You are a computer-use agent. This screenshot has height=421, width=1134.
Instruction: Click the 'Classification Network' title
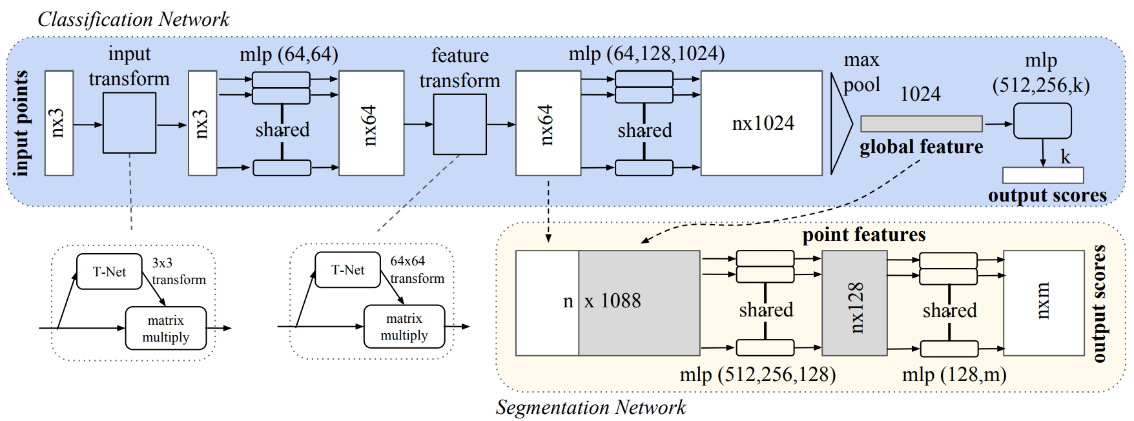click(133, 19)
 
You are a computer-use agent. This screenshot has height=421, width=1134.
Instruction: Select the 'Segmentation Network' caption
click(590, 407)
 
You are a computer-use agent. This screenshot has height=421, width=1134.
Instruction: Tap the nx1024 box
click(761, 123)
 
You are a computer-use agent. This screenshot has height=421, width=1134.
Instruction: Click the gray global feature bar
click(921, 123)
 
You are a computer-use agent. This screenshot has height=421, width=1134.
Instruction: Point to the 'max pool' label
click(861, 72)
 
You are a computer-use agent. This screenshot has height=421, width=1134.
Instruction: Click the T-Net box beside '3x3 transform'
click(109, 271)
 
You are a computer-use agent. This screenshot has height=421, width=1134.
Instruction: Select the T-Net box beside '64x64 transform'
click(347, 270)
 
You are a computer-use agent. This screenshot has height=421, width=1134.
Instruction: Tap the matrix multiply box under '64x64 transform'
click(404, 327)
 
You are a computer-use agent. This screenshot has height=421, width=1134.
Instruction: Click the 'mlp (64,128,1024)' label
click(646, 54)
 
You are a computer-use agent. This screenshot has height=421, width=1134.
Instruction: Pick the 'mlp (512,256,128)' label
click(757, 375)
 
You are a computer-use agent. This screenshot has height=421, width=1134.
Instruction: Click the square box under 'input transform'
click(129, 123)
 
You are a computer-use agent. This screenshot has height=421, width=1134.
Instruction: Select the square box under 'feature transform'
click(460, 124)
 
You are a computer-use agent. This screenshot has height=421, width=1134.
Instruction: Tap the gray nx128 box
click(854, 303)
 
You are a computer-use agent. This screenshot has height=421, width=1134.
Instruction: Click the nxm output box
click(1043, 303)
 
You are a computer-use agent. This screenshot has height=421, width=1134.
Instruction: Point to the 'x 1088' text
click(612, 301)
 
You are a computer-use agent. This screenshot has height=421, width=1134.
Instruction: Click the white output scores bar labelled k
click(1042, 175)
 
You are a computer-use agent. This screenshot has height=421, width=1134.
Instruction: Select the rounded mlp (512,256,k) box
click(1042, 121)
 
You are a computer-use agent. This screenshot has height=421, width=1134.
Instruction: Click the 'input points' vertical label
click(21, 123)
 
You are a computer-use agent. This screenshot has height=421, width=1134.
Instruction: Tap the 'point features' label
click(863, 234)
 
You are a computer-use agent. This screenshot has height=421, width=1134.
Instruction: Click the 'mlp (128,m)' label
click(954, 375)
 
